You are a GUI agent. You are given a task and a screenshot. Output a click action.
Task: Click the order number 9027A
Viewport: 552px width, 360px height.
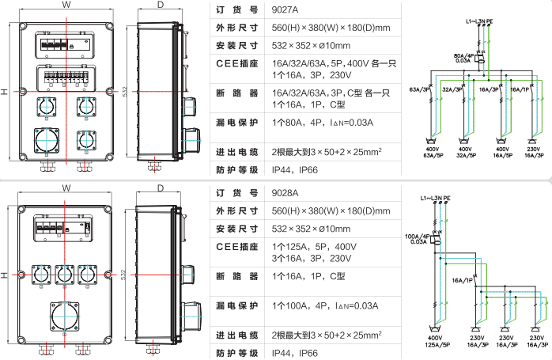(285, 9)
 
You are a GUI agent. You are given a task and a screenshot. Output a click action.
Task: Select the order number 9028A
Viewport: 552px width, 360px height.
(285, 193)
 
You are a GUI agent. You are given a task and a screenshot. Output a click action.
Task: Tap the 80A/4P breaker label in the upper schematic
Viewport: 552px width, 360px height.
(464, 55)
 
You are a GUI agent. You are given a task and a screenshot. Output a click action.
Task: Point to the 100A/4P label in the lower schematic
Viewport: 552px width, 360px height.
(418, 237)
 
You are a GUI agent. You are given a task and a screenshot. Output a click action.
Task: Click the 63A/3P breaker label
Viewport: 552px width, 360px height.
(419, 89)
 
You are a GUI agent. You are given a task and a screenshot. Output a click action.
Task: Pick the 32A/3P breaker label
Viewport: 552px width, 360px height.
(452, 89)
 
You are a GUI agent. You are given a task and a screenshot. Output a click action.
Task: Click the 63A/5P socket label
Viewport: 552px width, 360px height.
(433, 155)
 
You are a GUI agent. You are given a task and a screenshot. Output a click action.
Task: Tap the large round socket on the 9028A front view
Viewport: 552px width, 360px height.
(64, 316)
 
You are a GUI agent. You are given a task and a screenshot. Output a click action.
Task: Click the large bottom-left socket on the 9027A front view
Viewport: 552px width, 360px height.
(47, 141)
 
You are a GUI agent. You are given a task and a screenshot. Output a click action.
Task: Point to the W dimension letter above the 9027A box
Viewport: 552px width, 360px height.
(66, 5)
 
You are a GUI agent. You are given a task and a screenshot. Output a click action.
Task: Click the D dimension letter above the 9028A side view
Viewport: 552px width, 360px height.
(161, 188)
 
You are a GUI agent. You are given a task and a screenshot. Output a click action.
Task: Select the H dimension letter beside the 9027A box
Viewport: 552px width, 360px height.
(4, 92)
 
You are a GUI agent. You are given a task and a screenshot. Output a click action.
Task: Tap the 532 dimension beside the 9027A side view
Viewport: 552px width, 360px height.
(125, 92)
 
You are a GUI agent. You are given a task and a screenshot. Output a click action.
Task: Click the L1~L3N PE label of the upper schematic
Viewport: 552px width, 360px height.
(479, 21)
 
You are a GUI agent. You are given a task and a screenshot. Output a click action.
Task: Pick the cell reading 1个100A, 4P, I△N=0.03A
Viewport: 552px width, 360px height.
(325, 305)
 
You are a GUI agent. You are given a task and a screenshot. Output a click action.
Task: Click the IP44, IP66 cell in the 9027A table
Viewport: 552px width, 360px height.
(295, 170)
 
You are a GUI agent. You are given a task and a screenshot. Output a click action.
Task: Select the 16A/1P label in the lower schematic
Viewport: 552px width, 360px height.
(463, 280)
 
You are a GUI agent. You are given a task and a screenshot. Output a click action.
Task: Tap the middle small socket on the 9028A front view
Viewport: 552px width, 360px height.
(64, 275)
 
